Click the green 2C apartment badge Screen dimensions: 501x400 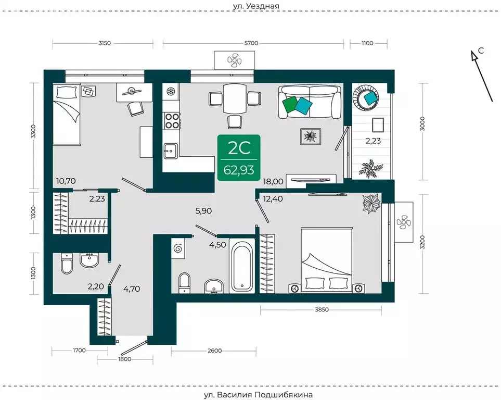[239, 158]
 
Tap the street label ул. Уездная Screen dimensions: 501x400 [255, 6]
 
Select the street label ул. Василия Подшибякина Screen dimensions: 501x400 [258, 395]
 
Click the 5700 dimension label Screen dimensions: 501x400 [251, 43]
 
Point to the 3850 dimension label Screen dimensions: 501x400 [322, 309]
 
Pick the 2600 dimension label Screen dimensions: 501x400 [215, 351]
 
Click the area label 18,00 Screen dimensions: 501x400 [273, 181]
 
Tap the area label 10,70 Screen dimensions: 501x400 [66, 181]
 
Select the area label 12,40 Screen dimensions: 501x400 [273, 199]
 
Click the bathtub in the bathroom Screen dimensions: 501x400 [242, 266]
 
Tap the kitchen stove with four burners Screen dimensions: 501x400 [171, 121]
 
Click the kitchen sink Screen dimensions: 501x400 [171, 151]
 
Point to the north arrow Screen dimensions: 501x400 [482, 76]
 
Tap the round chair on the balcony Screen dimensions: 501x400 [366, 97]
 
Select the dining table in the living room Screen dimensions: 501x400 [234, 98]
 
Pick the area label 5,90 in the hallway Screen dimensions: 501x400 [203, 211]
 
